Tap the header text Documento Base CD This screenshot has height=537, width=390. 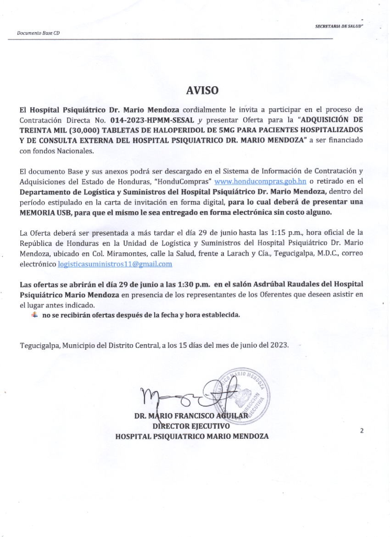(x=38, y=34)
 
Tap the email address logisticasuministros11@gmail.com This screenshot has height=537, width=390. (x=115, y=264)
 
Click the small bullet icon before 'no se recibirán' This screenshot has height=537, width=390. (x=34, y=315)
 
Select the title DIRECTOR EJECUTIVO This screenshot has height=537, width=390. (x=191, y=426)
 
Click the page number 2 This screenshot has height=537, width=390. (x=362, y=431)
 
